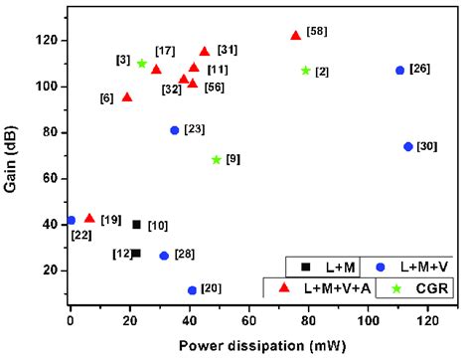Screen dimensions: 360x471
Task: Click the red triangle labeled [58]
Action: click(x=295, y=35)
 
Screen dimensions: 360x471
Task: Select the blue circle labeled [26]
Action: click(x=399, y=71)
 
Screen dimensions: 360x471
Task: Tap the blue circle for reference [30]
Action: click(x=407, y=146)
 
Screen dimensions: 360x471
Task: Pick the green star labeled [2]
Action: click(x=306, y=71)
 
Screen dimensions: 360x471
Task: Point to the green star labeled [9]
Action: click(x=217, y=160)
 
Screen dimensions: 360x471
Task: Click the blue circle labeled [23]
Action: click(x=175, y=130)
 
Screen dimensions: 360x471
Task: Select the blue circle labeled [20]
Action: click(x=192, y=290)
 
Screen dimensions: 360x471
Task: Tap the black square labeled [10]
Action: click(x=136, y=225)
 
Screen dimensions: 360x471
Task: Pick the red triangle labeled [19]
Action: click(x=89, y=218)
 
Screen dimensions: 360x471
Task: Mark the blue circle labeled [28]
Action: click(x=164, y=256)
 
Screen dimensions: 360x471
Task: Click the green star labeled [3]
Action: click(x=142, y=64)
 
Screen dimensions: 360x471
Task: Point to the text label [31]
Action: click(x=228, y=51)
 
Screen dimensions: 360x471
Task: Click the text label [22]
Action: click(x=81, y=235)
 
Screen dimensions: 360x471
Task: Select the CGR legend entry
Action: click(x=416, y=287)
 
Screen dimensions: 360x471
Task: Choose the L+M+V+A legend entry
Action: click(x=318, y=287)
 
